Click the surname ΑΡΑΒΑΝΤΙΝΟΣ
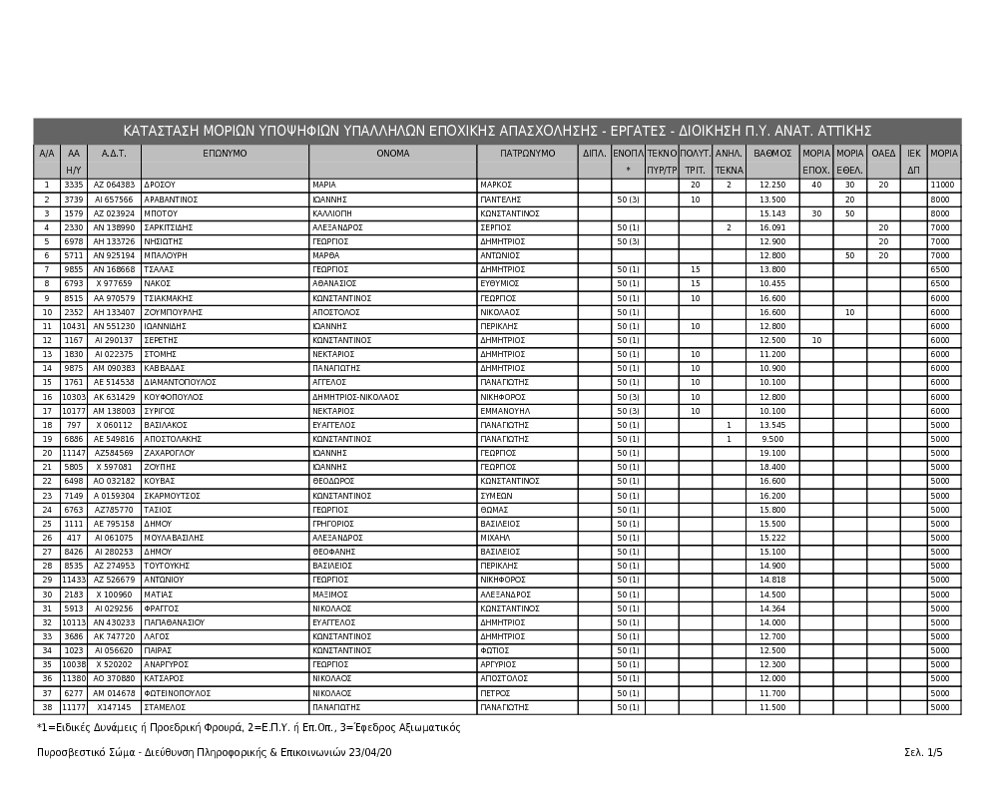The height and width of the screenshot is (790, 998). [x=171, y=199]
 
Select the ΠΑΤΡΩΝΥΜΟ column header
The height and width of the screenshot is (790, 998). [x=528, y=154]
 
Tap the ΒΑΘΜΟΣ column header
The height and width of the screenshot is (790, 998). [x=772, y=154]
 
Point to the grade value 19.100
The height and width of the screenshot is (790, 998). [x=772, y=453]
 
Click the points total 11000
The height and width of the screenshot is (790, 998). [x=942, y=186]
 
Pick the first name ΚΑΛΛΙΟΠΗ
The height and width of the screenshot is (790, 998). [x=333, y=213]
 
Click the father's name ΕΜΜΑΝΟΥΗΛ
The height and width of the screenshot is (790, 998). [x=505, y=410]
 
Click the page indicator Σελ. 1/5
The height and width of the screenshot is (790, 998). [x=923, y=752]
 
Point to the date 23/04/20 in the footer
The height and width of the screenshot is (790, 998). [x=371, y=752]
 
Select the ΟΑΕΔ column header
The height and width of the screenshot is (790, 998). [x=883, y=154]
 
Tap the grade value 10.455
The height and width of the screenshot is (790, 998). [x=772, y=283]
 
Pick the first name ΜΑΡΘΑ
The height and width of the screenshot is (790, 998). [x=326, y=255]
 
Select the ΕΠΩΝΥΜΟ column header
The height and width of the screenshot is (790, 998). [x=225, y=154]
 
